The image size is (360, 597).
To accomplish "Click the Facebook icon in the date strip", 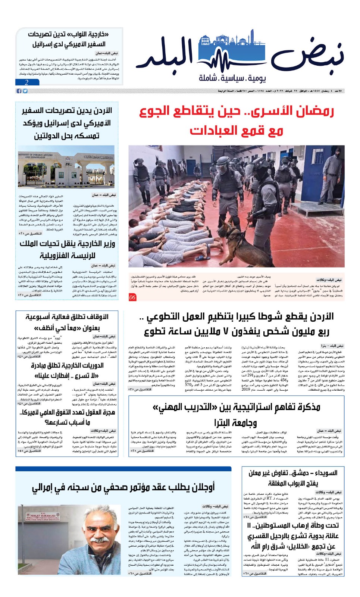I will tap(19, 91).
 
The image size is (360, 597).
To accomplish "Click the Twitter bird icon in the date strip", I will tap(25, 91).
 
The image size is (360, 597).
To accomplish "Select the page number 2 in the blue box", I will tap(26, 82).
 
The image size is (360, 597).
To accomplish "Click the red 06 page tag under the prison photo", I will tap(132, 297).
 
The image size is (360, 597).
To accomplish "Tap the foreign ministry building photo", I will tap(66, 166).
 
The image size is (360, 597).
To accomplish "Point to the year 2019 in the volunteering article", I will tap(246, 389).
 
